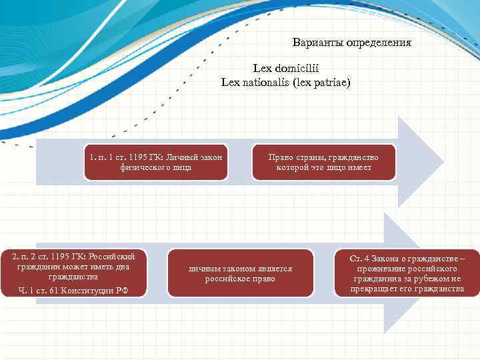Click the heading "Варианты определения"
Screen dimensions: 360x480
(x=351, y=43)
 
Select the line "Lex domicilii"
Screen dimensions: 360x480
(x=285, y=68)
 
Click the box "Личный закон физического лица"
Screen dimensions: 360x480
(x=155, y=162)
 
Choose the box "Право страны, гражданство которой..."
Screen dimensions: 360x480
(x=323, y=162)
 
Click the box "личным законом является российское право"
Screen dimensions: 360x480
(x=240, y=273)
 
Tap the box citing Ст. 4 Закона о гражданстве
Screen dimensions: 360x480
(x=407, y=273)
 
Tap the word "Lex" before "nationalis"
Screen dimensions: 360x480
(x=231, y=83)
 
